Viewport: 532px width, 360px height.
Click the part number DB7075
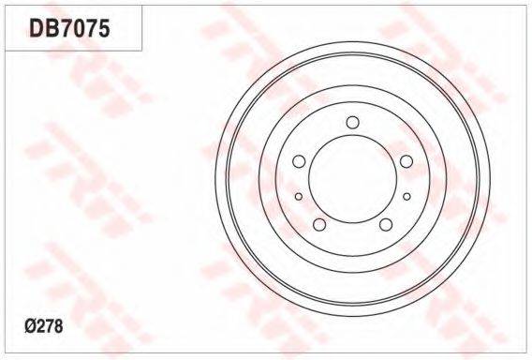point(70,28)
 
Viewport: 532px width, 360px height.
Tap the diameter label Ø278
point(44,326)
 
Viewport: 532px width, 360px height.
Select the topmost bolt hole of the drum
point(353,122)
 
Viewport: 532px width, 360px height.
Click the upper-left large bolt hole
point(299,161)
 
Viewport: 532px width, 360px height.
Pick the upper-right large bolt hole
point(406,161)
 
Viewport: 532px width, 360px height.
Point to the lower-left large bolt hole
point(319,224)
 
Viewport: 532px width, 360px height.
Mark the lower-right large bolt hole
point(386,224)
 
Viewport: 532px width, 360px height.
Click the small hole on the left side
point(299,196)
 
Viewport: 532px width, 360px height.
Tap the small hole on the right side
point(406,196)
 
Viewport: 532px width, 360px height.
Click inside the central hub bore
point(353,179)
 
